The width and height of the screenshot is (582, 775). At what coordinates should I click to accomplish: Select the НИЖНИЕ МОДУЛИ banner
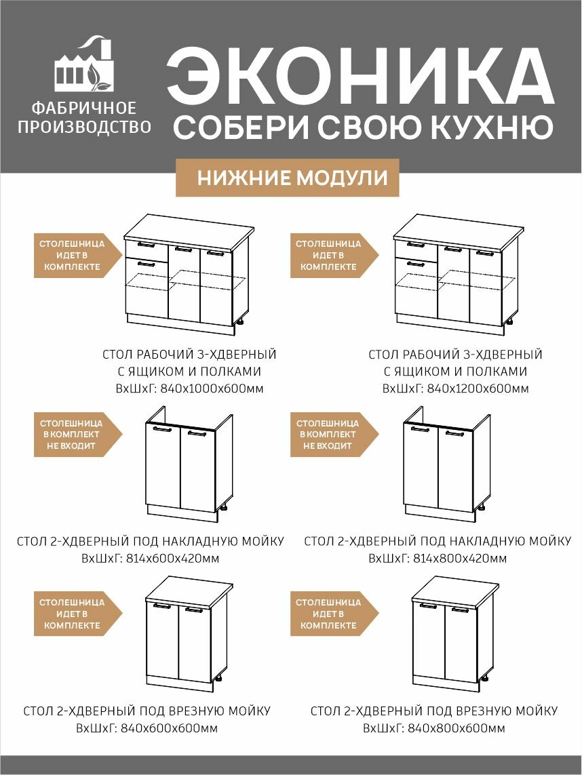(x=293, y=178)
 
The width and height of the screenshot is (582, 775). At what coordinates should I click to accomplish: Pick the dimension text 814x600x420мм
(x=172, y=559)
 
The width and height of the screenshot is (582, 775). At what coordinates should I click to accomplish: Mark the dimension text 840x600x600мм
(x=170, y=728)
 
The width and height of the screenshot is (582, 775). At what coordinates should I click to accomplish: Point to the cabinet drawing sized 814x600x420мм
(x=188, y=464)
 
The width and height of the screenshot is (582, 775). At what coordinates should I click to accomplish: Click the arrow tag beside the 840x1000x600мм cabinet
(x=75, y=256)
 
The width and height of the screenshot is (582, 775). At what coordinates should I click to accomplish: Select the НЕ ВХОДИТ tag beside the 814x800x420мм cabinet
(x=331, y=435)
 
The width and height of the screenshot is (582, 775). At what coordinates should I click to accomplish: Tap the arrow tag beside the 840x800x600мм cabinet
(x=331, y=614)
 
